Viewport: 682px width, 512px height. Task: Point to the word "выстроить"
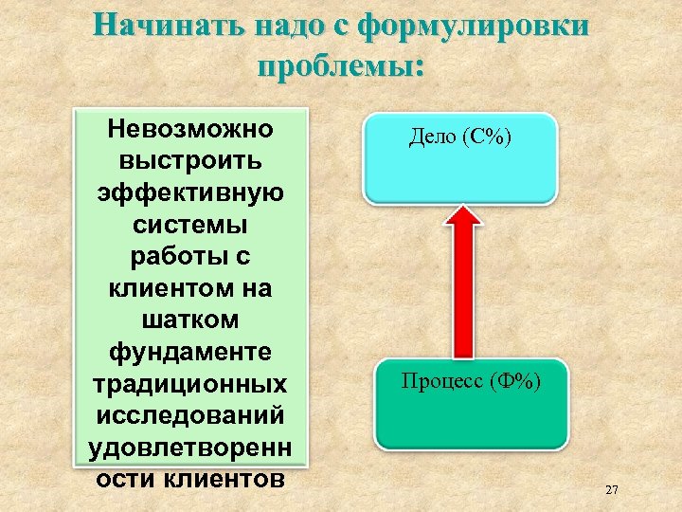[190, 159]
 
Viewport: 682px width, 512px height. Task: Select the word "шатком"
[190, 320]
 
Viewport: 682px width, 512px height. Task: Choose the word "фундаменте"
[190, 353]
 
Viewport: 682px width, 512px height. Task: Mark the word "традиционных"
[190, 385]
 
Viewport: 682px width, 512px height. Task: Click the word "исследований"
[190, 417]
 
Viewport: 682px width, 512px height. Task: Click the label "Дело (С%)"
[460, 138]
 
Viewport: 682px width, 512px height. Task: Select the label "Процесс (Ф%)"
[471, 382]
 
